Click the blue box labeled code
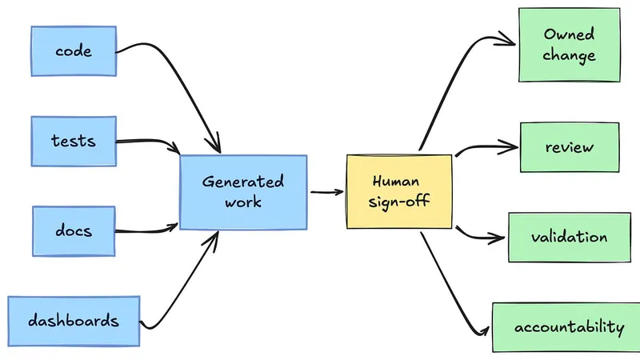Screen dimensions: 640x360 click(x=74, y=51)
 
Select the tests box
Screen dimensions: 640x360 click(x=74, y=142)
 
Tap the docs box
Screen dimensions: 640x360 click(x=74, y=231)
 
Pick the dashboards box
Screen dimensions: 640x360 click(x=74, y=322)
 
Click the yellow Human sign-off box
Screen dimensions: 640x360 click(x=399, y=191)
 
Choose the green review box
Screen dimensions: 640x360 click(x=570, y=147)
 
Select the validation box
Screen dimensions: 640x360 click(x=570, y=237)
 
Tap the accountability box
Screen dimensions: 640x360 click(x=567, y=327)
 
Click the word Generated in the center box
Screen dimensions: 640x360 click(x=243, y=182)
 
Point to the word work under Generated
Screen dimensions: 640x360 click(x=243, y=202)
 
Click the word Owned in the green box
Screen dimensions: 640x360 click(x=569, y=34)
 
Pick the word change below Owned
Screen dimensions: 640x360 click(x=569, y=55)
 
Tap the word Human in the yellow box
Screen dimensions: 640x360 click(x=395, y=181)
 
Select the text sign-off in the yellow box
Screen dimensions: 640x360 click(x=398, y=202)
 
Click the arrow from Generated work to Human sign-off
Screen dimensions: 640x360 click(x=327, y=192)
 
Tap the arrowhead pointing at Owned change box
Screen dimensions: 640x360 click(x=506, y=38)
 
